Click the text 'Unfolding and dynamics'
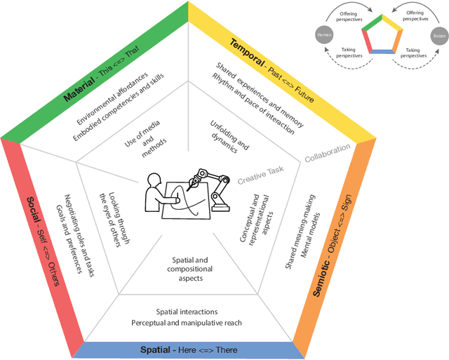pos(229,136)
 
